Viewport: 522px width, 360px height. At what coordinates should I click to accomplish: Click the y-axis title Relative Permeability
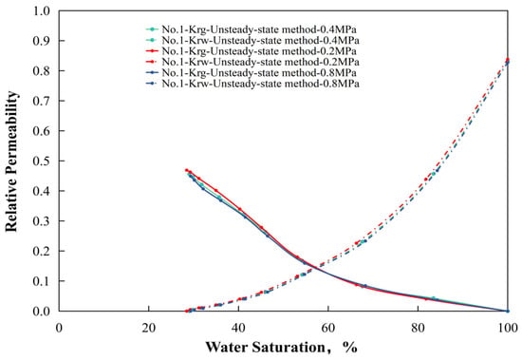[11, 161]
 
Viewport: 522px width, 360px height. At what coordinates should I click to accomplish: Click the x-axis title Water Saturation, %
[282, 347]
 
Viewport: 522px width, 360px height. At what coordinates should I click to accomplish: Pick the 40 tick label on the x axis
[238, 328]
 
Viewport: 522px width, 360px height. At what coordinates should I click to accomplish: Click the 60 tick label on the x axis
[328, 328]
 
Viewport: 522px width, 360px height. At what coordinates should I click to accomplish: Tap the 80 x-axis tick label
[418, 328]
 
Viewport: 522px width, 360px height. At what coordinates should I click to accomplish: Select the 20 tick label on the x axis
[149, 328]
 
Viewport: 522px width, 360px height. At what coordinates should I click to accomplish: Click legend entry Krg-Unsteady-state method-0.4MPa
[252, 29]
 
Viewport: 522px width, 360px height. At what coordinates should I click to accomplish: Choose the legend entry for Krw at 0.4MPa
[252, 40]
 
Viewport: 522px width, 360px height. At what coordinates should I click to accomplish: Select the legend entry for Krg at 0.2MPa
[252, 51]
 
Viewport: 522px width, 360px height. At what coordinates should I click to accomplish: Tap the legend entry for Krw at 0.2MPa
[252, 62]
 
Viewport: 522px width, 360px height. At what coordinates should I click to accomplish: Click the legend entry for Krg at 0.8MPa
[252, 72]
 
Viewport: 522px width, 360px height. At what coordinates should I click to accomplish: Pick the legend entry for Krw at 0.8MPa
[252, 84]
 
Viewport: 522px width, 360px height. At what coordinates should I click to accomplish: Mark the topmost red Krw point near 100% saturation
[508, 60]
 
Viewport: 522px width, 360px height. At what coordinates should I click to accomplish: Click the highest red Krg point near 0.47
[186, 170]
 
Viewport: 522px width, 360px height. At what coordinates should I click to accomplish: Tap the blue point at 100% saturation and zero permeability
[508, 311]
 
